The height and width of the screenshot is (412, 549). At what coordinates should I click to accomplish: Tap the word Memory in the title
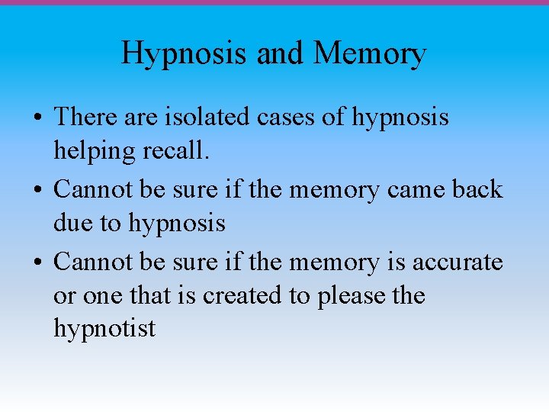click(x=370, y=53)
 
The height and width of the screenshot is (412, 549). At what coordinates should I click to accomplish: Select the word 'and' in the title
click(x=281, y=53)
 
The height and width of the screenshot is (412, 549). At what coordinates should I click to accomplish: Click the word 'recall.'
click(x=175, y=151)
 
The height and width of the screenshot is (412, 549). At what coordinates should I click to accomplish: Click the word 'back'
click(x=478, y=189)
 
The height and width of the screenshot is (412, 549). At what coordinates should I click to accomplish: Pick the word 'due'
click(x=73, y=223)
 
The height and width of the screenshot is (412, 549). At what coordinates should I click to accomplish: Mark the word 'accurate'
click(x=457, y=262)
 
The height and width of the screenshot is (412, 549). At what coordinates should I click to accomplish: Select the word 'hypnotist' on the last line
click(x=104, y=329)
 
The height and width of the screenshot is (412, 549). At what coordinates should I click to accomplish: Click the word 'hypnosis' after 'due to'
click(x=177, y=224)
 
